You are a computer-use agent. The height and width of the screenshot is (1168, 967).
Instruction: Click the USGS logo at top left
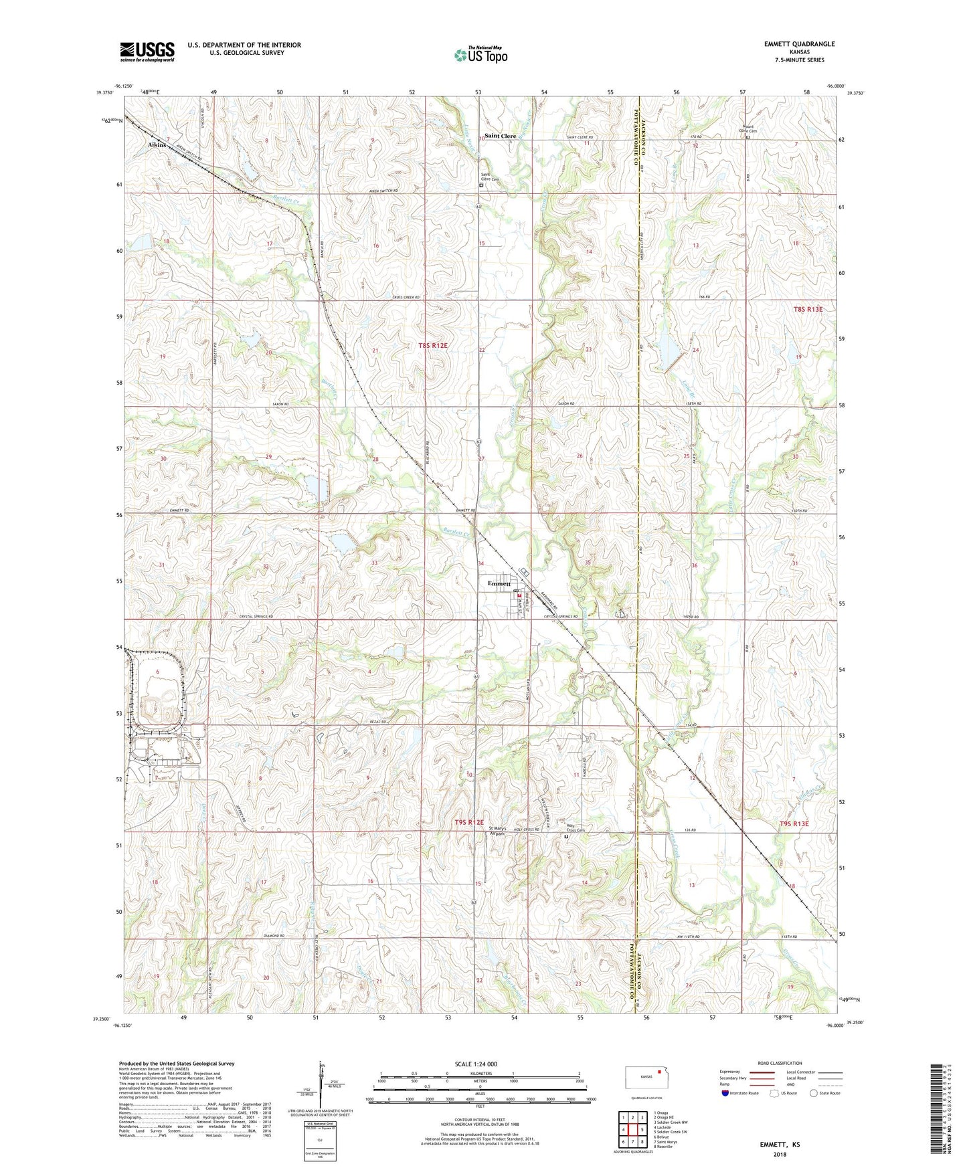point(147,52)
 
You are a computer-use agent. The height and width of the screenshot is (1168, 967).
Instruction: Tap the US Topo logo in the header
point(480,55)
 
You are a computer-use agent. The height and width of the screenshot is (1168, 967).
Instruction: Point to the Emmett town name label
point(499,583)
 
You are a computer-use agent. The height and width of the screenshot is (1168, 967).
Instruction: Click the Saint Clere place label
point(500,136)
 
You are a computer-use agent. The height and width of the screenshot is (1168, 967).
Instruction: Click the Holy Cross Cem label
point(576,828)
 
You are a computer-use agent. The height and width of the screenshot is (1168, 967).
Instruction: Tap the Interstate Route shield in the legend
point(726,1093)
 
